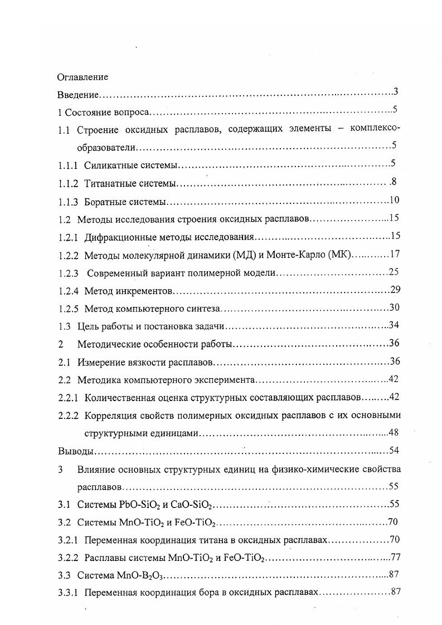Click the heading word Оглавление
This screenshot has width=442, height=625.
[x=83, y=77]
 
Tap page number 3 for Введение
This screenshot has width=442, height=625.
[x=395, y=91]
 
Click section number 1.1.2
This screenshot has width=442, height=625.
[x=68, y=183]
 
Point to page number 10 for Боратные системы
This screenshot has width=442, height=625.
[x=395, y=200]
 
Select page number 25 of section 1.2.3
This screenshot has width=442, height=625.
[x=395, y=272]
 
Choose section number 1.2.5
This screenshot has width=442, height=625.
[x=68, y=308]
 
